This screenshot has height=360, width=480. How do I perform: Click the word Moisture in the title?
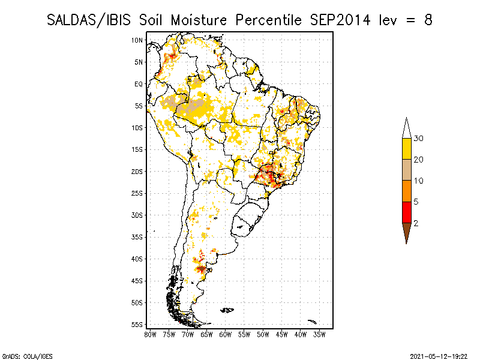pos(199,20)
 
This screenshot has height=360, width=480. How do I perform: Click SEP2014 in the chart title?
pos(340,20)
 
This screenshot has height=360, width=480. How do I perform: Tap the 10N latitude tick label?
pos(137,40)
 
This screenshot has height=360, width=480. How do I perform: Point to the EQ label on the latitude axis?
pos(139,84)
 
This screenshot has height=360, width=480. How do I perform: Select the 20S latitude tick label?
pos(137,172)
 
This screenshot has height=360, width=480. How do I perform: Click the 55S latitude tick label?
pos(137,325)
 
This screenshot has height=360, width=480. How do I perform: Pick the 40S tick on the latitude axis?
pos(137,259)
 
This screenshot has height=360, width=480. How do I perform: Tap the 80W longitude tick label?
pos(150,335)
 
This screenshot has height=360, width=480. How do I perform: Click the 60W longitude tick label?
pos(226,335)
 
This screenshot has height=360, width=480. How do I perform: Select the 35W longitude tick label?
pos(319,335)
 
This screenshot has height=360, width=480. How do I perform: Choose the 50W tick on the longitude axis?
pos(263,335)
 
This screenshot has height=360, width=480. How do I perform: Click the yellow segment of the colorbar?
pos(407,149)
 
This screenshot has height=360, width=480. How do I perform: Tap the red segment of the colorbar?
pos(407,212)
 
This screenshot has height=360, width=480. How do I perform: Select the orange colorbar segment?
pos(407,191)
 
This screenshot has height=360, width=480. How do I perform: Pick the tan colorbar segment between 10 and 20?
pos(407,170)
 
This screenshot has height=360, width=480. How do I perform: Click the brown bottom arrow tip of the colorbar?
pos(407,244)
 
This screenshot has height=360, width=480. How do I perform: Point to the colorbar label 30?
pos(418,139)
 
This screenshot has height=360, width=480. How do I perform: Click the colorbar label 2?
pos(416,223)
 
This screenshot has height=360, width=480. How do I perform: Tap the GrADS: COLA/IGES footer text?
pos(28,356)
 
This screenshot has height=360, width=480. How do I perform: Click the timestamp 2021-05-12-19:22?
pos(439,356)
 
